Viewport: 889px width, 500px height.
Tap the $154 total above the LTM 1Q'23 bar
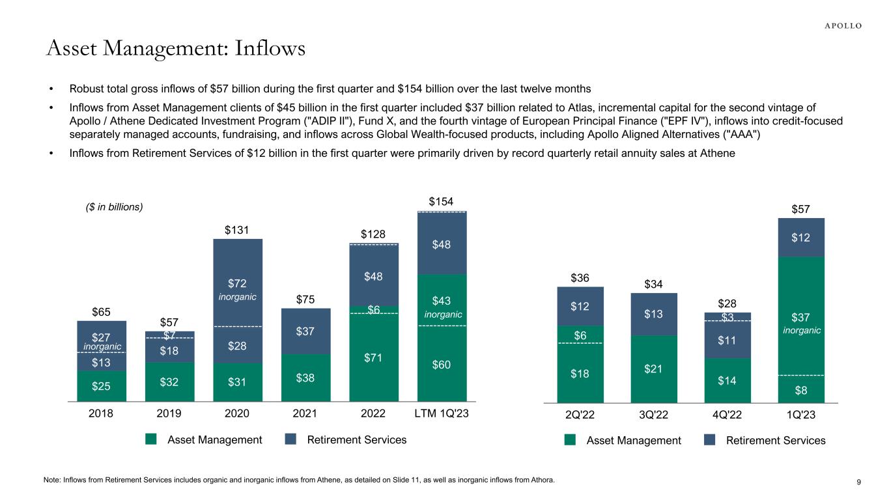[442, 201]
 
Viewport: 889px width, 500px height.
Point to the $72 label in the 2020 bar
[238, 283]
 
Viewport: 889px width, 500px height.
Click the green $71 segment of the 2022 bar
[373, 355]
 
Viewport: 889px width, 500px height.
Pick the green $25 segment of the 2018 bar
[102, 385]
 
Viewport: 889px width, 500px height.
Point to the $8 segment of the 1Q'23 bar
[801, 391]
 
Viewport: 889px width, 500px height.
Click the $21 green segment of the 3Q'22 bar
[654, 369]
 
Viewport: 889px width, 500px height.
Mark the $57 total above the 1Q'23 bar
[801, 209]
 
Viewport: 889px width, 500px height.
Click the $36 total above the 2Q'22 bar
[580, 278]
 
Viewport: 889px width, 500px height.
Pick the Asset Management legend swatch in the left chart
[151, 439]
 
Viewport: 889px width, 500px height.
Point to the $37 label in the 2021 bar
[305, 332]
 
